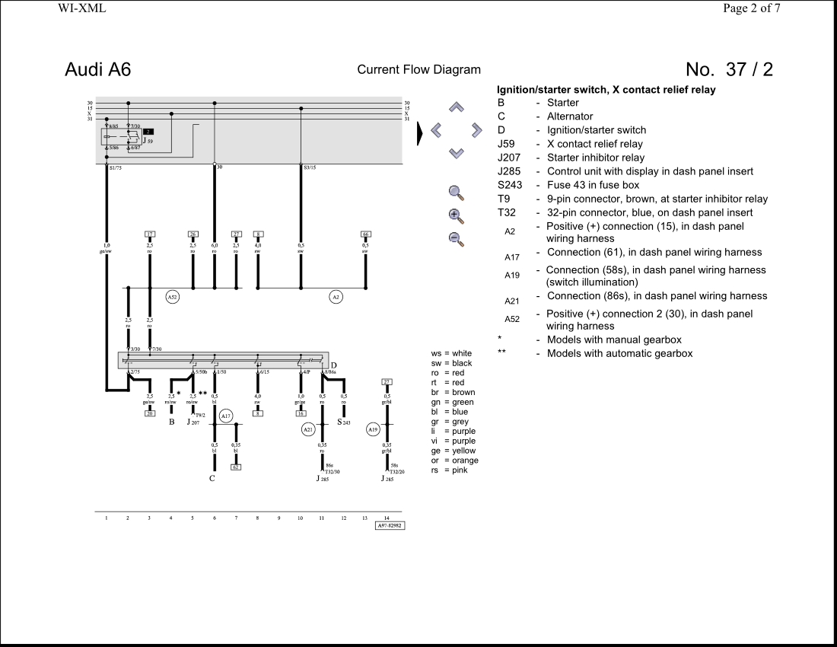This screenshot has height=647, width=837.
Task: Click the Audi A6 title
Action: (x=97, y=69)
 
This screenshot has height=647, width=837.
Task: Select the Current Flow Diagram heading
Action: (x=418, y=70)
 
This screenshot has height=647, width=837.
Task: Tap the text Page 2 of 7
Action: (x=751, y=8)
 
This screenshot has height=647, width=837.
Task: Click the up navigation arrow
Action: (x=456, y=107)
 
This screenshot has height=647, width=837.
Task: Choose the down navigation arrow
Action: (x=456, y=153)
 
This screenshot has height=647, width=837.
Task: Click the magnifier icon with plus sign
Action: (x=456, y=215)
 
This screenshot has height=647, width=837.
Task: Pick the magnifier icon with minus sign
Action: (x=456, y=239)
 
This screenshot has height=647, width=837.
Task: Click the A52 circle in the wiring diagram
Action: (x=173, y=297)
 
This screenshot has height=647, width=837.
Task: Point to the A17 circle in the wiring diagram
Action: (x=226, y=416)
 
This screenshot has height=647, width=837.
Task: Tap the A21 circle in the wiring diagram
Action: (x=308, y=429)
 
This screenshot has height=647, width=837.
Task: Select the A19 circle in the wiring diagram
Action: (x=373, y=429)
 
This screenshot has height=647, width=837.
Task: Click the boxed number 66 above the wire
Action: (x=366, y=234)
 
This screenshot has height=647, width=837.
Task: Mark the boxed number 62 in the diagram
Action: (x=236, y=467)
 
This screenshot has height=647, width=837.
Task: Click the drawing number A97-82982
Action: (x=390, y=525)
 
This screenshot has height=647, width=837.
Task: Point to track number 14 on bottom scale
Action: (x=387, y=518)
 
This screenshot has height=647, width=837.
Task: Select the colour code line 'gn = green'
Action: (x=452, y=403)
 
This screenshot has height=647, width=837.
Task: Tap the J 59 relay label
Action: (x=148, y=141)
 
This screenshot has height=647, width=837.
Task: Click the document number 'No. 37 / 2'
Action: (x=728, y=69)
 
